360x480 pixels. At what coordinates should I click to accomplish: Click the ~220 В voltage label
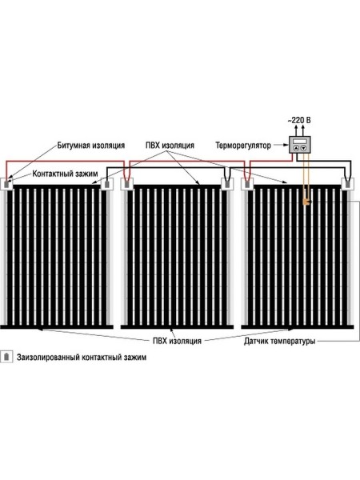299,120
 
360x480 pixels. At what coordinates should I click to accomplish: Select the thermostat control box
300,145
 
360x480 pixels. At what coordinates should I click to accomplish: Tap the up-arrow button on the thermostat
296,148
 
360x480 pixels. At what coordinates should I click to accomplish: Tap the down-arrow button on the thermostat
303,148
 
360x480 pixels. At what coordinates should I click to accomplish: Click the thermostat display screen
300,141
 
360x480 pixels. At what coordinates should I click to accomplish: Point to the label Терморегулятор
243,145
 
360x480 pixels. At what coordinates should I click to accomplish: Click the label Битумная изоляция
91,145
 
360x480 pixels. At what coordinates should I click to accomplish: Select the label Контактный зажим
65,174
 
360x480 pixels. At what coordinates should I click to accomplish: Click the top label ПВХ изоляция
170,145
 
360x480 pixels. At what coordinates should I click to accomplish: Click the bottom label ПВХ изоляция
177,341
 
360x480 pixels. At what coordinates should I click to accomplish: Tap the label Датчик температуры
279,341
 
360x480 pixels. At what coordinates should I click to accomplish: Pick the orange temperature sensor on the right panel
306,201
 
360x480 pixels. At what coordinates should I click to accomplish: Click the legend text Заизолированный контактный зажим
82,358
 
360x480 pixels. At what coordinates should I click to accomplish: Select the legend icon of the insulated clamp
6,357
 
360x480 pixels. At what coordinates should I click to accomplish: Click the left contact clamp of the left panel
6,184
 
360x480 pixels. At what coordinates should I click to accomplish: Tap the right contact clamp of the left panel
107,184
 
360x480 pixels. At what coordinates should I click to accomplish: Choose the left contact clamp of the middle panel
126,184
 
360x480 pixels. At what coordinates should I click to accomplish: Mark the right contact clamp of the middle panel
227,184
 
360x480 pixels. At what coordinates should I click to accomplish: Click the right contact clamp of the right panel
347,184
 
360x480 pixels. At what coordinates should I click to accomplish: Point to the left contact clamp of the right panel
247,184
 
